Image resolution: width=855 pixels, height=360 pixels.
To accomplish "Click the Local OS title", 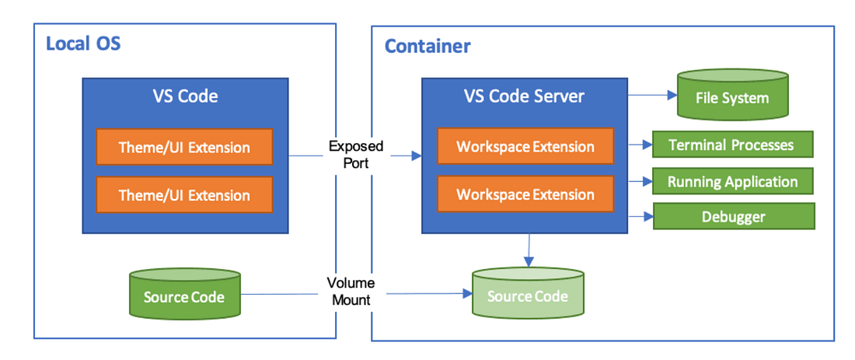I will tap(83, 43).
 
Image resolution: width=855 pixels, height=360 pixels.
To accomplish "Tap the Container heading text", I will tap(427, 46).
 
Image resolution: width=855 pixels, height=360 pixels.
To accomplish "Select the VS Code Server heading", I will tap(524, 96).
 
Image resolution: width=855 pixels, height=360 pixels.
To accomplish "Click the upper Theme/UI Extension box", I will tap(184, 147).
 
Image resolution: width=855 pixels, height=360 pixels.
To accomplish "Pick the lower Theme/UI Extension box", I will tap(184, 195).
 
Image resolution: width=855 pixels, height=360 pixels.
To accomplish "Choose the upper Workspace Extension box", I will tap(525, 146).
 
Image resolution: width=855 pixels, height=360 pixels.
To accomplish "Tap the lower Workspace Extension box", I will tap(525, 194).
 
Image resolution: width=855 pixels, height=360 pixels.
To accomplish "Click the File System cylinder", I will tap(732, 98).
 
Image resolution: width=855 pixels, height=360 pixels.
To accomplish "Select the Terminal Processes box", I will tap(731, 145).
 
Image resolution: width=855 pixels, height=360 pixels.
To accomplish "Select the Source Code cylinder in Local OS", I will tap(184, 297).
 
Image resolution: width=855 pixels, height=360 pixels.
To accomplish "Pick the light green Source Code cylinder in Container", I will tap(527, 296).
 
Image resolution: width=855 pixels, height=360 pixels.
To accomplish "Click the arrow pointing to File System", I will tap(651, 96).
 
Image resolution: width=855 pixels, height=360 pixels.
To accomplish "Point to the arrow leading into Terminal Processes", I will tap(640, 145).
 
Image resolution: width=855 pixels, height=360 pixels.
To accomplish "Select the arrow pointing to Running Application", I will tap(640, 182).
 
